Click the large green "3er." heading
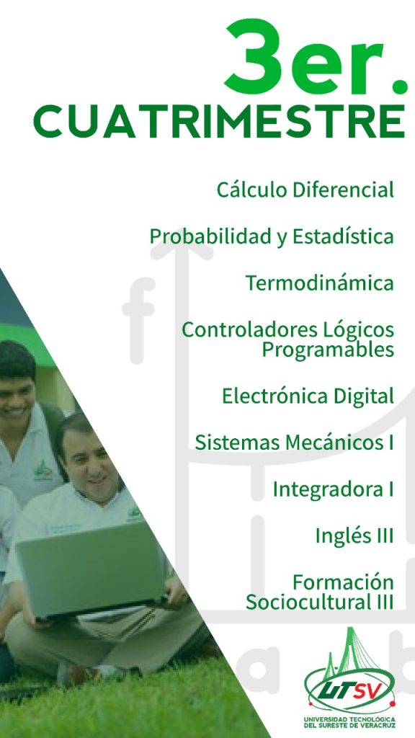coord(316,55)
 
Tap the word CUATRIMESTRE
coord(220,121)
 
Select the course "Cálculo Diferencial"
coord(305,190)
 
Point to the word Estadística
coord(343,236)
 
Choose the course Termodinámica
coord(319,283)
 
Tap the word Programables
coord(328,350)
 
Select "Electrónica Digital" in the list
coord(308,396)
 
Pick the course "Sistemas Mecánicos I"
coord(295,443)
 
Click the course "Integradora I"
coord(333,489)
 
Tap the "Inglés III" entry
coord(354,535)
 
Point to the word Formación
coord(343,582)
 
